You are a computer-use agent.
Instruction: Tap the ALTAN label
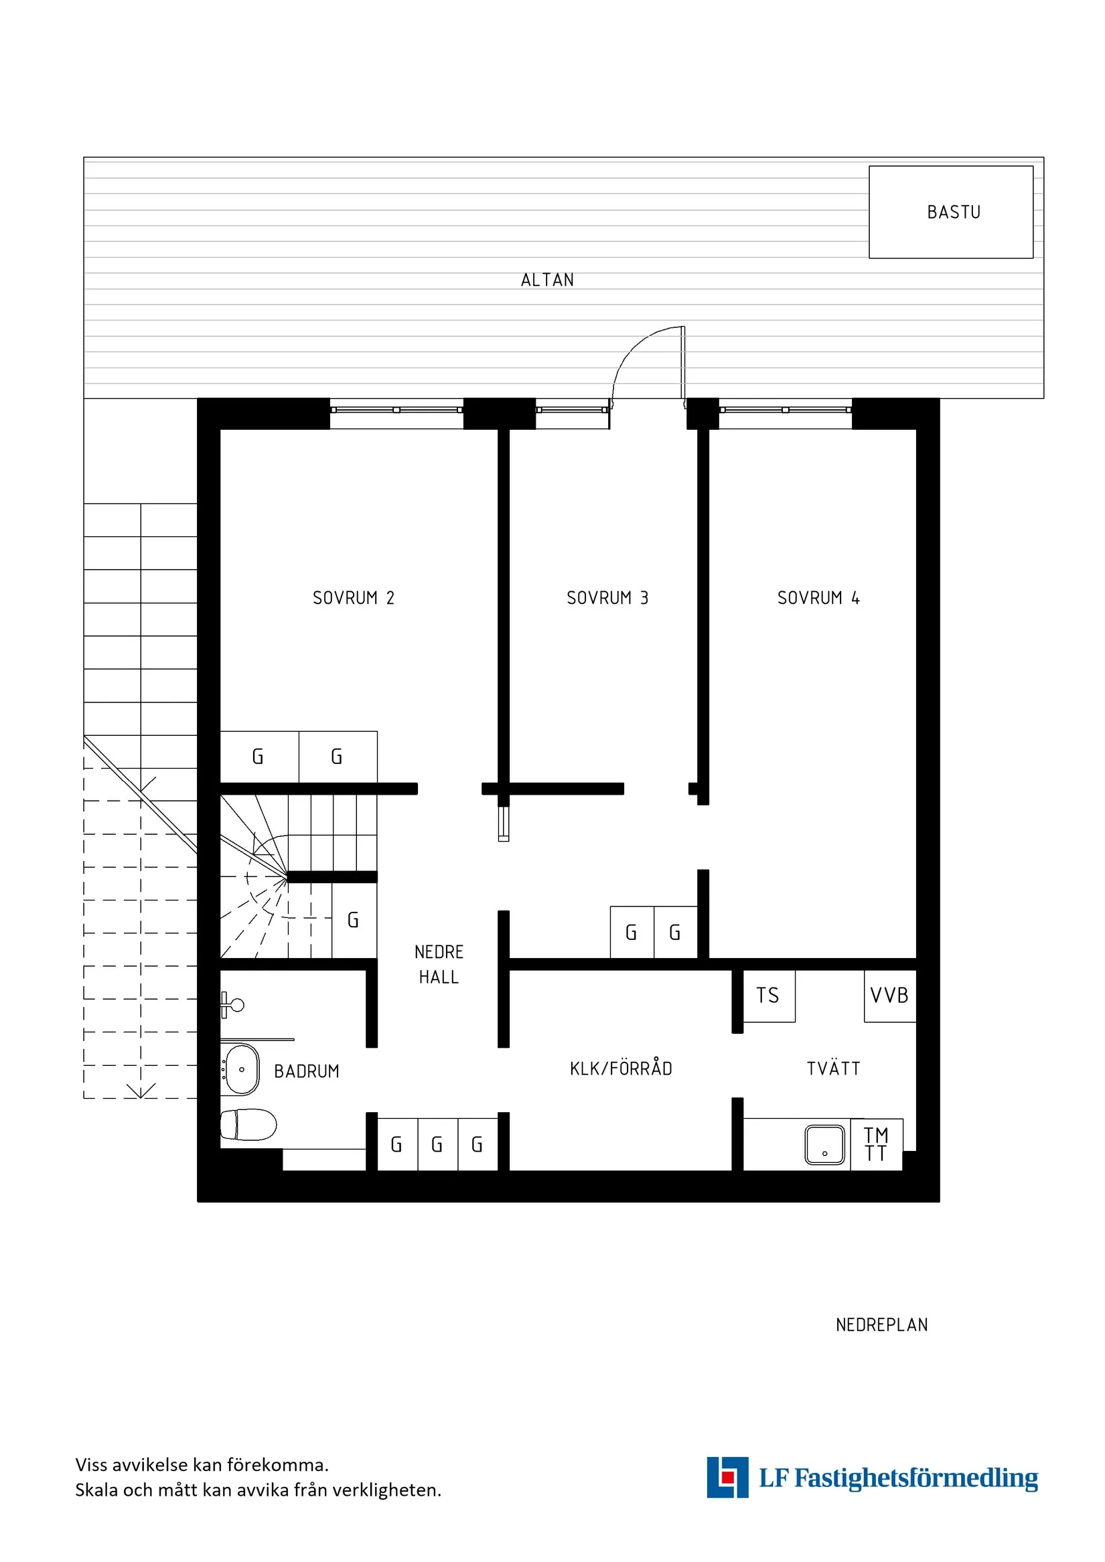[x=547, y=280]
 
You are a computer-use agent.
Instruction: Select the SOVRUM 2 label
[x=353, y=597]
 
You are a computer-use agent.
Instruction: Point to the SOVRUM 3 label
[x=607, y=597]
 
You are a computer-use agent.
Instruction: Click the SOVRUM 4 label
[x=818, y=597]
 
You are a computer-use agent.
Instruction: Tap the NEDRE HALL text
[x=439, y=964]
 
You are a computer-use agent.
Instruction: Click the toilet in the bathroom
[x=248, y=1125]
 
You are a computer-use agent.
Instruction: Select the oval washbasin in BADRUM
[x=241, y=1069]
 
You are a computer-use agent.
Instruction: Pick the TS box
[x=768, y=996]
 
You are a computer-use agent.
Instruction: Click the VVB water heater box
[x=890, y=996]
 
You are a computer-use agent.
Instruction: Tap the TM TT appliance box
[x=877, y=1144]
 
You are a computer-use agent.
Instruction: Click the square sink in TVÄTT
[x=824, y=1145]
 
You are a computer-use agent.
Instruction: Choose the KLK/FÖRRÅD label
[x=621, y=1068]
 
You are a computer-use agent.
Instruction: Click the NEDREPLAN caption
[x=882, y=1324]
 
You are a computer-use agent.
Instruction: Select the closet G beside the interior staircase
[x=354, y=920]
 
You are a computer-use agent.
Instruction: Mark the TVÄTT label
[x=834, y=1068]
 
